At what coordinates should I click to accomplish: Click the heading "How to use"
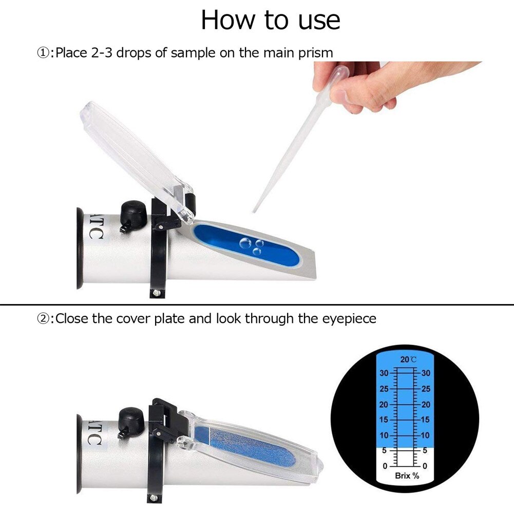(270, 20)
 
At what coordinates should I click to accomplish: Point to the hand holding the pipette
(359, 85)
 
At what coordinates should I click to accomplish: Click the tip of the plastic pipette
(254, 211)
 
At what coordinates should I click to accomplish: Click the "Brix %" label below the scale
(407, 476)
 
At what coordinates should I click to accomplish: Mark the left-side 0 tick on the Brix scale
(385, 466)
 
